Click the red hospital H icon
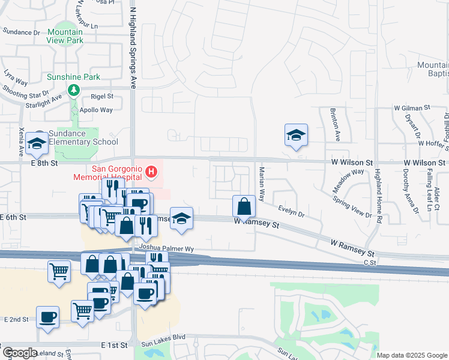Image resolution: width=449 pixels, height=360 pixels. point(151,173)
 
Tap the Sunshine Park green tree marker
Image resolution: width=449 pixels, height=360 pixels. point(74,90)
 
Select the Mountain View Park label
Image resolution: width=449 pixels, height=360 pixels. point(65,37)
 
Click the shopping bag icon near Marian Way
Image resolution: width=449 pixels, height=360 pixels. point(244,206)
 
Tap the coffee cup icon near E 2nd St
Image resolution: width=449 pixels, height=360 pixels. point(47,317)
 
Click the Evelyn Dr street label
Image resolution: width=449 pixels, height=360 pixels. point(292,211)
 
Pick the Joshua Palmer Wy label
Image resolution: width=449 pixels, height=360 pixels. point(167,248)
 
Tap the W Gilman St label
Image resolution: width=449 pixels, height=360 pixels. point(412,107)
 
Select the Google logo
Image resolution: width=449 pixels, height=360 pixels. point(20,353)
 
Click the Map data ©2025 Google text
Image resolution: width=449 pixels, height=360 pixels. point(412,355)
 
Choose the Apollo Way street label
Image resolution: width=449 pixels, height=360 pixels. point(97,110)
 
